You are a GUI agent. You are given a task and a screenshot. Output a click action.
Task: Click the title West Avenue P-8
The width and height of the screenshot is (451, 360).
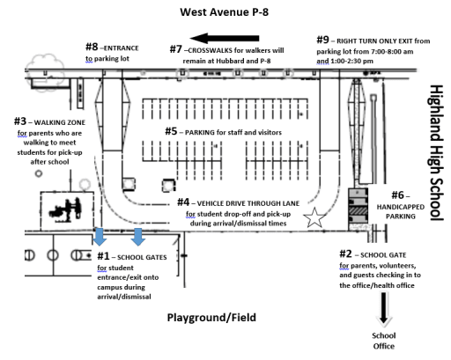(x=224, y=12)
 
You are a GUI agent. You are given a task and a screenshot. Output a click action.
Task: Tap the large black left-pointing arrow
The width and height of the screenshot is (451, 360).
(x=225, y=38)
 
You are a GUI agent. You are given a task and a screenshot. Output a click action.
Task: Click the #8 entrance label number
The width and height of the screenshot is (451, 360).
(x=92, y=47)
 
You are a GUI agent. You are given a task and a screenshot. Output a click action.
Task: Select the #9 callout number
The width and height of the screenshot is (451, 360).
(x=322, y=40)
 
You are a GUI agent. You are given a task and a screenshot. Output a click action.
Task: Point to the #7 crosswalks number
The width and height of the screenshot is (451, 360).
(x=176, y=49)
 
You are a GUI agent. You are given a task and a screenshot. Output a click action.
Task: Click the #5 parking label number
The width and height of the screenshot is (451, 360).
(x=171, y=131)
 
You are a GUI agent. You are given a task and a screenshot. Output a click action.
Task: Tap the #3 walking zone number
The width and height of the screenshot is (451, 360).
(x=20, y=121)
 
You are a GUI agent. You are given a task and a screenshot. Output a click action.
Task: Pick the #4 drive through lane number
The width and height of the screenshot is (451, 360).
(x=183, y=202)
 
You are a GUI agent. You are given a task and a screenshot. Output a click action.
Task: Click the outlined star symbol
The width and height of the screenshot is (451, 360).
(x=314, y=217)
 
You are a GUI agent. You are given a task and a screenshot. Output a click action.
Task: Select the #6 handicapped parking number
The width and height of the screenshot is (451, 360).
(x=398, y=195)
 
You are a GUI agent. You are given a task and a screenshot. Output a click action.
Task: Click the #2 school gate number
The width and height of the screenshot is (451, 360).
(x=345, y=253)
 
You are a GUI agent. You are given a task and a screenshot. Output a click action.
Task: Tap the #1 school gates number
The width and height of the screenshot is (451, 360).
(x=103, y=256)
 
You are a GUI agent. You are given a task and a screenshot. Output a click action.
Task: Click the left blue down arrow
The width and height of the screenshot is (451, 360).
(x=100, y=237)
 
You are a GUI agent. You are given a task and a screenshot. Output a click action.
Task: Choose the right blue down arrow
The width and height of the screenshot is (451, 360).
(x=138, y=237)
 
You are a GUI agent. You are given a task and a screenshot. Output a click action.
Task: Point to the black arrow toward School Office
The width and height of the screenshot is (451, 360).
(x=383, y=309)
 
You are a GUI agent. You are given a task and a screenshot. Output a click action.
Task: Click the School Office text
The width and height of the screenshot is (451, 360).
(x=384, y=341)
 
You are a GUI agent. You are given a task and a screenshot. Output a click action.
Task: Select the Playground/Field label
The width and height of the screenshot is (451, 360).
(x=211, y=318)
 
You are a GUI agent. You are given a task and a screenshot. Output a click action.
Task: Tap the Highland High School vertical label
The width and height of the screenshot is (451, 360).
(x=436, y=152)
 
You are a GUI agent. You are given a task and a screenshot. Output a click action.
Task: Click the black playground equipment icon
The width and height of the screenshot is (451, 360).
(x=65, y=209)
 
